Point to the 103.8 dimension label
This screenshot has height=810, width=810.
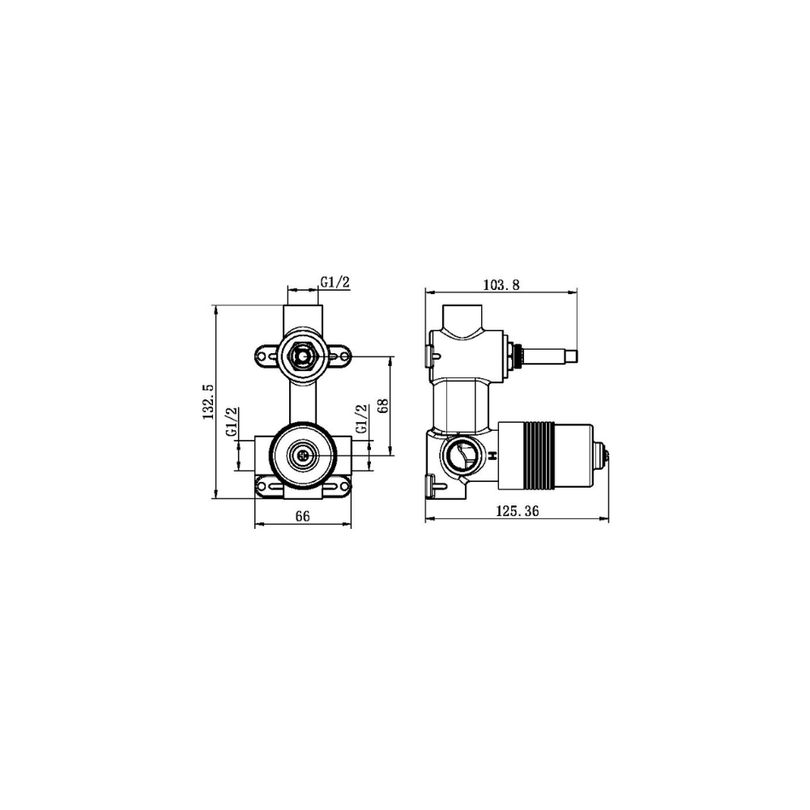point(500,283)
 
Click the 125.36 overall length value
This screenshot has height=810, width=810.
point(518,510)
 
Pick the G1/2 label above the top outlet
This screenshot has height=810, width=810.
point(335,282)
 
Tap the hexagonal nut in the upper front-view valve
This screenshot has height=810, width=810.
point(303,355)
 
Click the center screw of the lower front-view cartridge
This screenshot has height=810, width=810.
point(303,455)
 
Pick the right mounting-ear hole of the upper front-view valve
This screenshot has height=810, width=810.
point(340,355)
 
